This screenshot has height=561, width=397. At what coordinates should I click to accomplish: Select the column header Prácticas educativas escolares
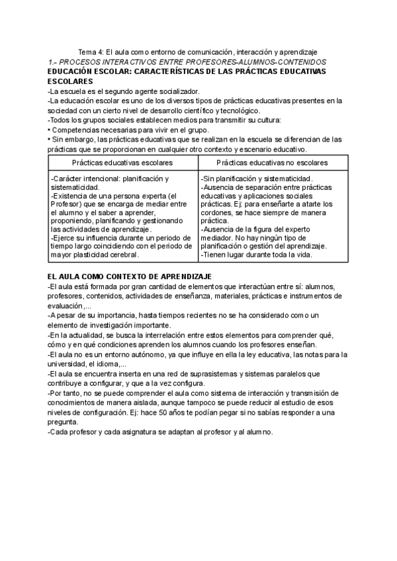coord(122,162)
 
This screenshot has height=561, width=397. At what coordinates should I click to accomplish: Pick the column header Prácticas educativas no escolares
coord(271,162)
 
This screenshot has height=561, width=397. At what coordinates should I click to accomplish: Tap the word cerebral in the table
coord(120,255)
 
